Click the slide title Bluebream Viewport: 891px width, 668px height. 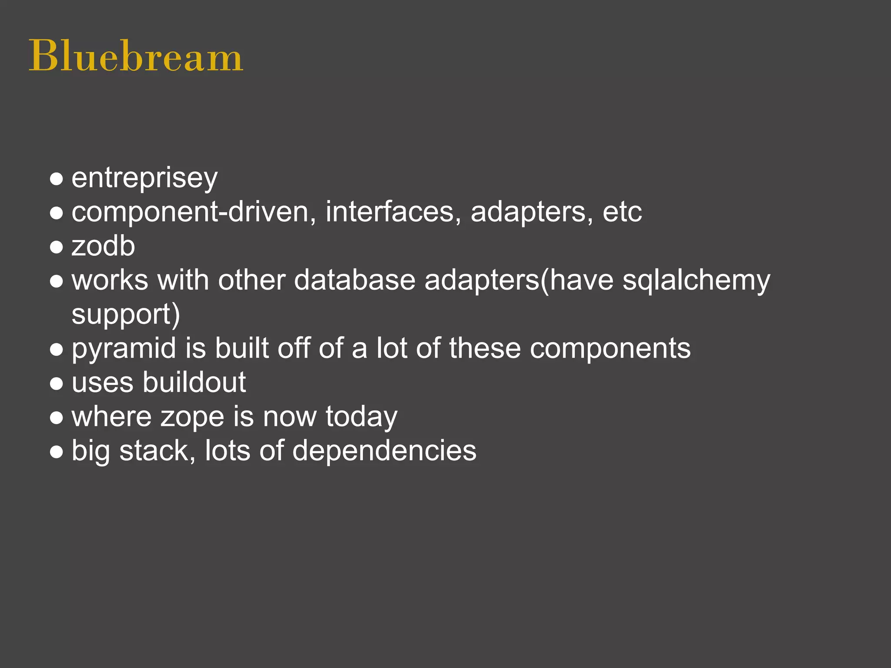136,57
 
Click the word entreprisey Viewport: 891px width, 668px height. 144,178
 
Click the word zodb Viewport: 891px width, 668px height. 103,246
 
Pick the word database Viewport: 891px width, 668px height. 355,280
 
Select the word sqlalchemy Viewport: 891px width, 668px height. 696,281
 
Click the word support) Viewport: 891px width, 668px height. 126,314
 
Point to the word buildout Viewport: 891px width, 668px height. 194,383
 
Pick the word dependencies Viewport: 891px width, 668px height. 384,451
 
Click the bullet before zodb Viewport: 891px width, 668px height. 57,247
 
